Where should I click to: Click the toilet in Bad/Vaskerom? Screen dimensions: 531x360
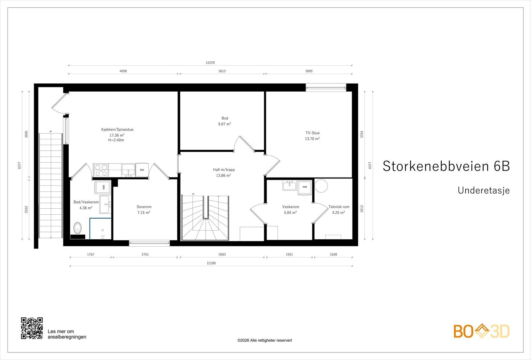[x=78, y=228]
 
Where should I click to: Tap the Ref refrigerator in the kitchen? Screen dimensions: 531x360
[x=142, y=170]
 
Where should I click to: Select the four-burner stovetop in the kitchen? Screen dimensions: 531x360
[x=101, y=170]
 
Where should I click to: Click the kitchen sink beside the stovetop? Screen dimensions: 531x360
[x=128, y=170]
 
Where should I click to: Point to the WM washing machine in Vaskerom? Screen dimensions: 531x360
[x=305, y=187]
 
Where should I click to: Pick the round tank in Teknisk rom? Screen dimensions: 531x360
[x=321, y=185]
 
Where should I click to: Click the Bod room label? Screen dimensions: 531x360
[x=225, y=118]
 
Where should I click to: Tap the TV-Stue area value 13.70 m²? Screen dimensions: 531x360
[x=312, y=139]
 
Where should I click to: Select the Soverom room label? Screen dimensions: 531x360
[x=144, y=207]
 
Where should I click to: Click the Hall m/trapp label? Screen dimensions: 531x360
[x=224, y=170]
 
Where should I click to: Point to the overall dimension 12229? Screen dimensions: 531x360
[x=210, y=63]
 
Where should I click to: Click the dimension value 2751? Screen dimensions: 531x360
[x=145, y=254]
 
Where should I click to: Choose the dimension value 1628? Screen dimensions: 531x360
[x=333, y=254]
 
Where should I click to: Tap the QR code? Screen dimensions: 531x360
[x=32, y=328]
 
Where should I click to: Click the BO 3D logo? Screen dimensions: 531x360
[x=482, y=331]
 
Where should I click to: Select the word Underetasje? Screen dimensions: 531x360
[x=484, y=190]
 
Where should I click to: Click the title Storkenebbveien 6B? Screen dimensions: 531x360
[x=446, y=166]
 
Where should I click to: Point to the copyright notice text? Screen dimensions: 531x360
[x=265, y=340]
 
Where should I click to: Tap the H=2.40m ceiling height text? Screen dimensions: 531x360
[x=116, y=140]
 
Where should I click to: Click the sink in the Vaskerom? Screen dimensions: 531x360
[x=289, y=185]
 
